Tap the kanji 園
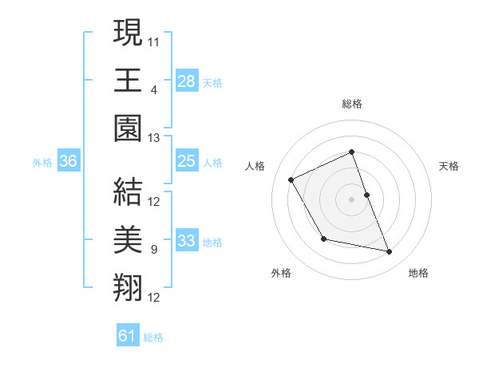tap(128, 128)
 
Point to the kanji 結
tap(128, 192)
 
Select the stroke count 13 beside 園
tap(155, 137)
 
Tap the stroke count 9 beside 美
tap(153, 250)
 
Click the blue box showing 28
tap(186, 81)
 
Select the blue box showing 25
tap(186, 162)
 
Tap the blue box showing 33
tap(186, 242)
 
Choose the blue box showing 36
tap(69, 162)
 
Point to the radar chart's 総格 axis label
tap(351, 105)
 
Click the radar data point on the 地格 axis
tap(390, 252)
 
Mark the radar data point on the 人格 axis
tap(291, 180)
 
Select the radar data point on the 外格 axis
tap(323, 239)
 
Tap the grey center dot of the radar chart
tap(351, 199)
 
